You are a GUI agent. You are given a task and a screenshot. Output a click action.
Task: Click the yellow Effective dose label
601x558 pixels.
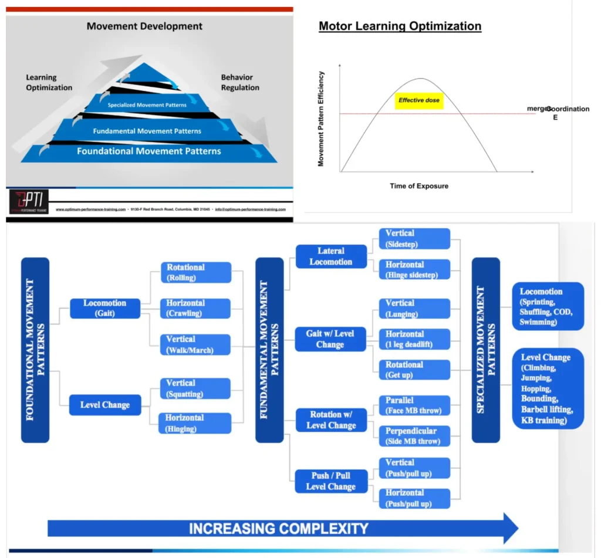coord(419,100)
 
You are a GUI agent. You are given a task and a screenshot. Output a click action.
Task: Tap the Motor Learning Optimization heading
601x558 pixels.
coord(400,26)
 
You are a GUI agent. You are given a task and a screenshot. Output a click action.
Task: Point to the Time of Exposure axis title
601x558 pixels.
coord(419,186)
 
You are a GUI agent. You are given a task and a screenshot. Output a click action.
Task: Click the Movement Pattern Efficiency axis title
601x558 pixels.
coord(321,119)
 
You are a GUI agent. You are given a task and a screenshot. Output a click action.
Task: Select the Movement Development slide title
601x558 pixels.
coord(144,26)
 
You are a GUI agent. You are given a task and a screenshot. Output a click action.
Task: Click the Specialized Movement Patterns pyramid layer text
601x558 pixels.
coord(147,105)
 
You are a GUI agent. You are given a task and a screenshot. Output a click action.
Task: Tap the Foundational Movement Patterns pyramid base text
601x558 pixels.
coord(149,151)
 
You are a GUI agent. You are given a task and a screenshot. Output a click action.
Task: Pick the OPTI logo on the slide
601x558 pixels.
coord(29,201)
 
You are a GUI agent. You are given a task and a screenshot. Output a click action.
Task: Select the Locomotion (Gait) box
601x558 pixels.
coord(105,308)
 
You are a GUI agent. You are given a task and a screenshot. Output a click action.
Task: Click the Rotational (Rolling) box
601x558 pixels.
coord(195,272)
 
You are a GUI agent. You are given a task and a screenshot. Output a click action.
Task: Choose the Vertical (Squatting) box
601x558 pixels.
coord(195,388)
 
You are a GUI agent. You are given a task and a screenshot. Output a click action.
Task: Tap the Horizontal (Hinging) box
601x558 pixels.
coord(195,423)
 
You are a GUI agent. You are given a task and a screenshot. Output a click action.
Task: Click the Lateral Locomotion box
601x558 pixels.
coord(331,256)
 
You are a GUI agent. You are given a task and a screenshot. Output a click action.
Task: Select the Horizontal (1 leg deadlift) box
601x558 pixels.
coord(414,339)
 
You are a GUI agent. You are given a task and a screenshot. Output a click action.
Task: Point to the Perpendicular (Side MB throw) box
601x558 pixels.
coord(414,435)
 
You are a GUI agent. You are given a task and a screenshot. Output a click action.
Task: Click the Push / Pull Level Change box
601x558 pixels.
coord(331,481)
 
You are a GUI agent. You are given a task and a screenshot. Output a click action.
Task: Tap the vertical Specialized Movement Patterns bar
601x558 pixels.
coord(486,350)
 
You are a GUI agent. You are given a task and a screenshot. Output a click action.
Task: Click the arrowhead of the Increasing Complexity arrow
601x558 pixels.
coord(509,527)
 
